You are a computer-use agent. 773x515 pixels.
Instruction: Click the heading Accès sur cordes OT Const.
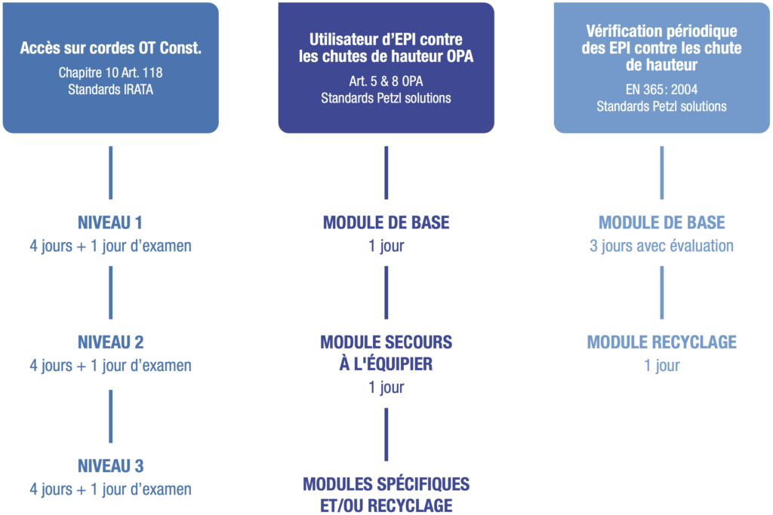pos(110,48)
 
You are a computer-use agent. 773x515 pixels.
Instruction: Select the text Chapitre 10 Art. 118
pos(110,73)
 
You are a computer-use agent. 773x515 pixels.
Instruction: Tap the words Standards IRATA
pos(110,90)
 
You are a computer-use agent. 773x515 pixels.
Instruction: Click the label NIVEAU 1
pos(110,222)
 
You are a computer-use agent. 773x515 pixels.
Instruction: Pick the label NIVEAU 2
pos(110,342)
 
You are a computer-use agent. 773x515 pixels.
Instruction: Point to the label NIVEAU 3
pos(110,466)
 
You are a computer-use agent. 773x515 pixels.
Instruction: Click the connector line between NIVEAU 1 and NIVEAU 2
pos(110,293)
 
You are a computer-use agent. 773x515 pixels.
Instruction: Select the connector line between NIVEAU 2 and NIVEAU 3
pos(110,416)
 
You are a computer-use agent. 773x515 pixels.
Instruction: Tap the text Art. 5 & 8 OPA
pos(386,81)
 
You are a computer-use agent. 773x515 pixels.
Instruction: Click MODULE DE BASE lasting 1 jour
pos(386,222)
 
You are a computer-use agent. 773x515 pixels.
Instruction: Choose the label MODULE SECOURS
pos(386,342)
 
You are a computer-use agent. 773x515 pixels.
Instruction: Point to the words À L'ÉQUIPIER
pos(386,364)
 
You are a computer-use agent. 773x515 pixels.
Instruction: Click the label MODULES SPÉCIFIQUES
pos(386,484)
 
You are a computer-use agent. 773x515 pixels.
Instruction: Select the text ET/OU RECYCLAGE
pos(386,506)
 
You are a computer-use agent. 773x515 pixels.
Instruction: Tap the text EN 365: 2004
pos(661,90)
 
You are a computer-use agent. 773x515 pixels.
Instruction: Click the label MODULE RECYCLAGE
pos(661,342)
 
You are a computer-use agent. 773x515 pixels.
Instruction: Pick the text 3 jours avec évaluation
pos(661,246)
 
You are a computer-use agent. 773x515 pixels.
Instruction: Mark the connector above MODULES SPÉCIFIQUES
pos(386,435)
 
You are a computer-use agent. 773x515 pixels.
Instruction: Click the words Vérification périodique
pos(661,31)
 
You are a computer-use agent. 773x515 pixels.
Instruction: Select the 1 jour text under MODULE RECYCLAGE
pos(661,366)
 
